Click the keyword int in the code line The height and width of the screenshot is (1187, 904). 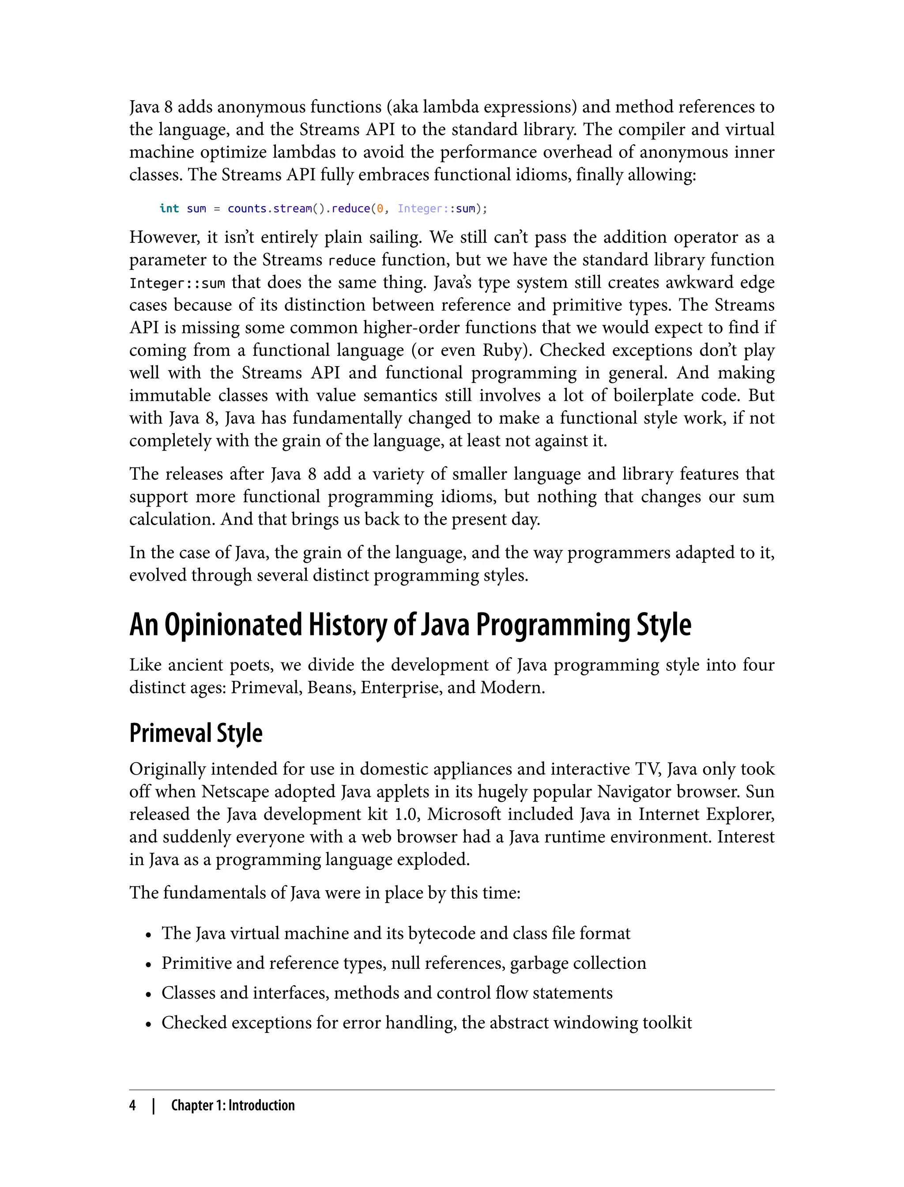click(169, 208)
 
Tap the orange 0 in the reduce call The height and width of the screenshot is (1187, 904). click(380, 208)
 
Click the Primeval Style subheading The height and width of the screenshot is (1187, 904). click(196, 733)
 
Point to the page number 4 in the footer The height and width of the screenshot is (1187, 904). click(132, 1105)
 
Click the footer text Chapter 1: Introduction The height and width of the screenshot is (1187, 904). click(233, 1105)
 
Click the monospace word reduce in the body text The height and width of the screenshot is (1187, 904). click(352, 261)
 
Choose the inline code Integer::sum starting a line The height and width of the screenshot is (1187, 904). click(177, 284)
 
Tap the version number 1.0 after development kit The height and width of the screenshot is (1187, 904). click(407, 814)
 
